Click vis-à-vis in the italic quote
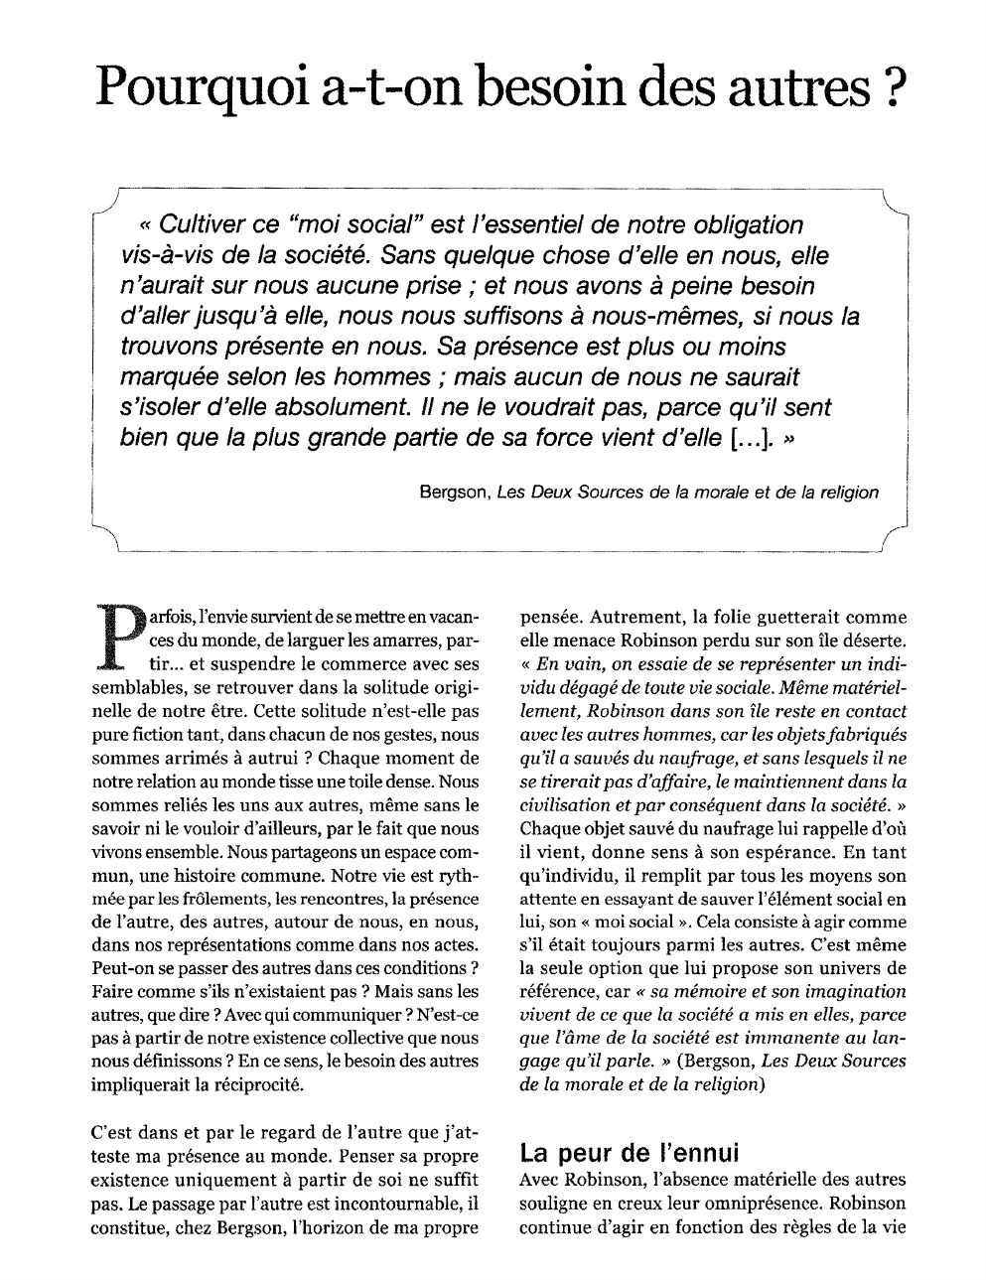point(165,255)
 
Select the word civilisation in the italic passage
point(565,805)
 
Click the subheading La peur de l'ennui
point(630,1154)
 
